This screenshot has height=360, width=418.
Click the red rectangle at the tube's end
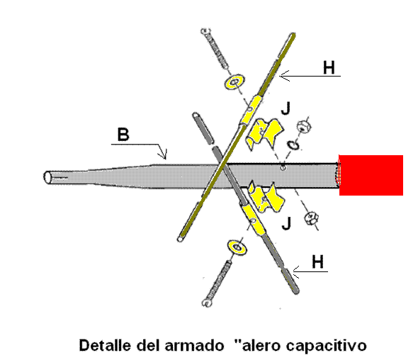click(x=371, y=175)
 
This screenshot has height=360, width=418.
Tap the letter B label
click(x=123, y=135)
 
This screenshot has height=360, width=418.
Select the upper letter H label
click(x=329, y=67)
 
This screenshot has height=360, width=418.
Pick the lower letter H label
click(x=318, y=261)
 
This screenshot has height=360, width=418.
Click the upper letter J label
click(x=286, y=108)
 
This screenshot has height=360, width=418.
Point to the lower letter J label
click(x=286, y=223)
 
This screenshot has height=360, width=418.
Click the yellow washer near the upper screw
click(x=235, y=81)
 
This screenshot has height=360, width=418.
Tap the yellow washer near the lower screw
click(x=237, y=247)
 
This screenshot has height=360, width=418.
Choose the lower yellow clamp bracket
click(x=266, y=197)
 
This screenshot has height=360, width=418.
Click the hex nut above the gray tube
click(x=304, y=126)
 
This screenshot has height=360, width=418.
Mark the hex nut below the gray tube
click(x=311, y=218)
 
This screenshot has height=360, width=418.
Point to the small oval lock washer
click(x=293, y=145)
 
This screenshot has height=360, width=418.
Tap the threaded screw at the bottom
click(x=217, y=283)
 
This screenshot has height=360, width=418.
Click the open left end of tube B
click(x=47, y=177)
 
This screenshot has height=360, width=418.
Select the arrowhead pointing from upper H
click(x=284, y=77)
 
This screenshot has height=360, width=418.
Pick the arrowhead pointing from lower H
click(x=296, y=272)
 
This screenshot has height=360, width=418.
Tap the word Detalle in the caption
click(x=106, y=345)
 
